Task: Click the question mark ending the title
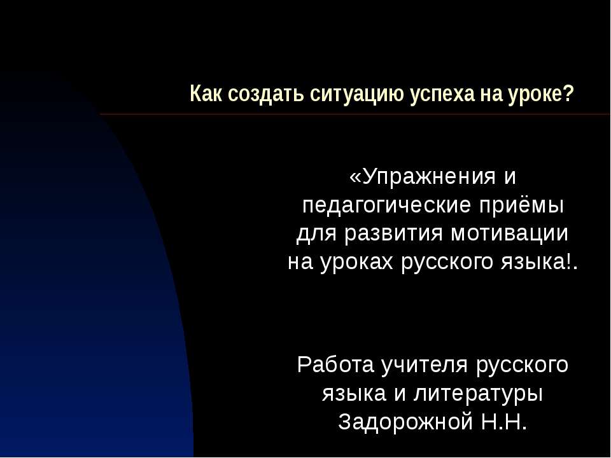pos(570,94)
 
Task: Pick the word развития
pos(393,234)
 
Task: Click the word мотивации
pos(509,233)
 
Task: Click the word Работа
pos(335,364)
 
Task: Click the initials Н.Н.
pos(504,421)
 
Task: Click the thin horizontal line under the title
pos(355,114)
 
